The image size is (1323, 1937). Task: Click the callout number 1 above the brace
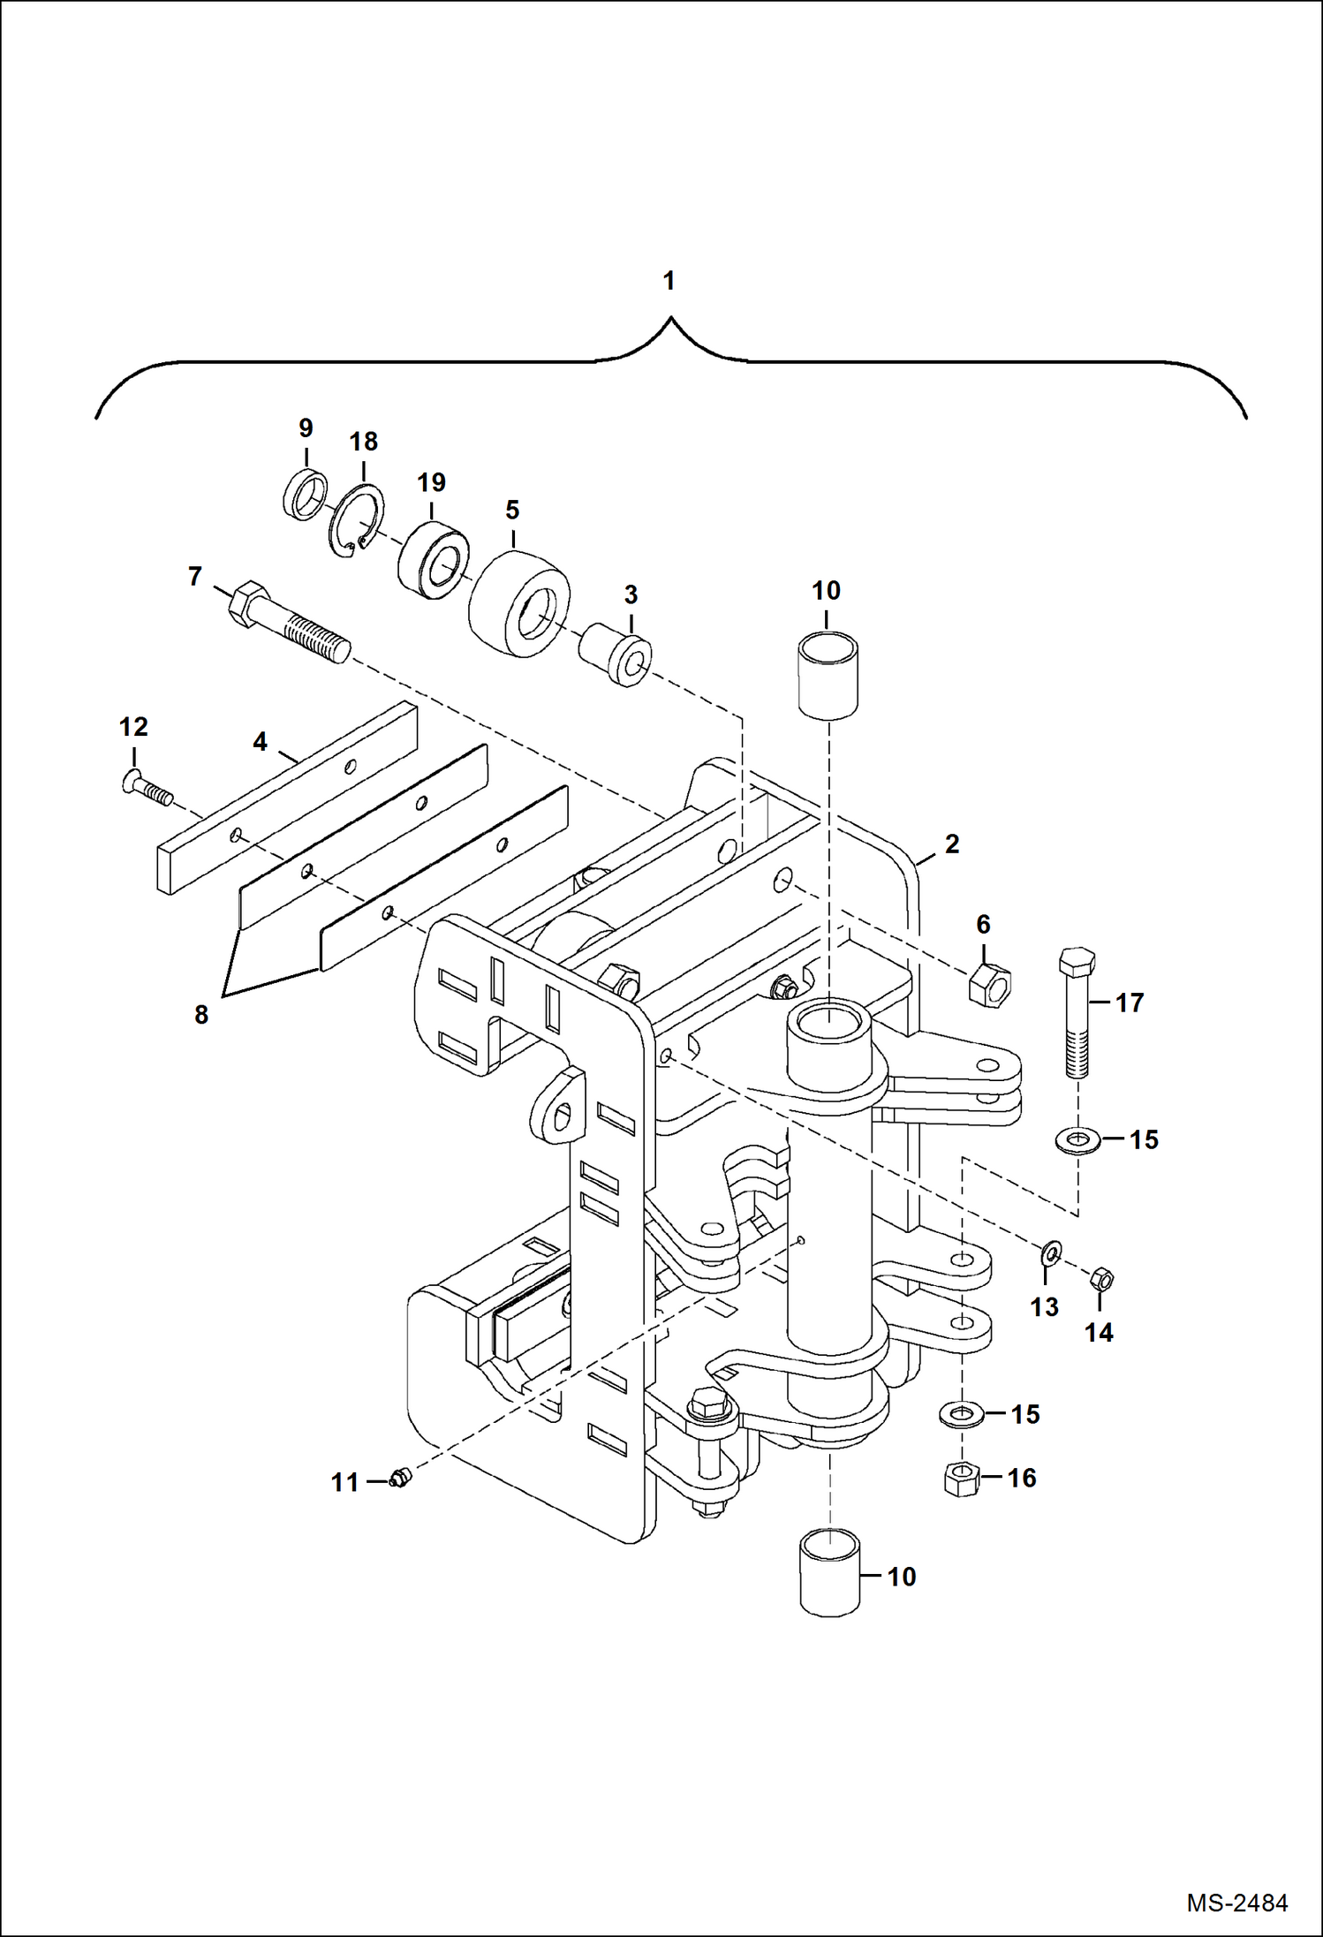669,281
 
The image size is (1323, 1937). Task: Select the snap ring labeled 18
357,522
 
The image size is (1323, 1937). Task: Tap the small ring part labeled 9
305,496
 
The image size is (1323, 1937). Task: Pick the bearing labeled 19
433,562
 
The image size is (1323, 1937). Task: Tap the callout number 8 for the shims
201,1015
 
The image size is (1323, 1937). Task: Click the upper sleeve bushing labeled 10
828,674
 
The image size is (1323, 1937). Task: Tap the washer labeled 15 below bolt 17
1077,1141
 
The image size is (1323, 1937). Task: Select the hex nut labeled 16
962,1478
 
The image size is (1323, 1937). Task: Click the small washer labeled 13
1051,1252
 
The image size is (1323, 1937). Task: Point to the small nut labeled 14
1101,1278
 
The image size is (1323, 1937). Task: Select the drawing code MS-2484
1236,1902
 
